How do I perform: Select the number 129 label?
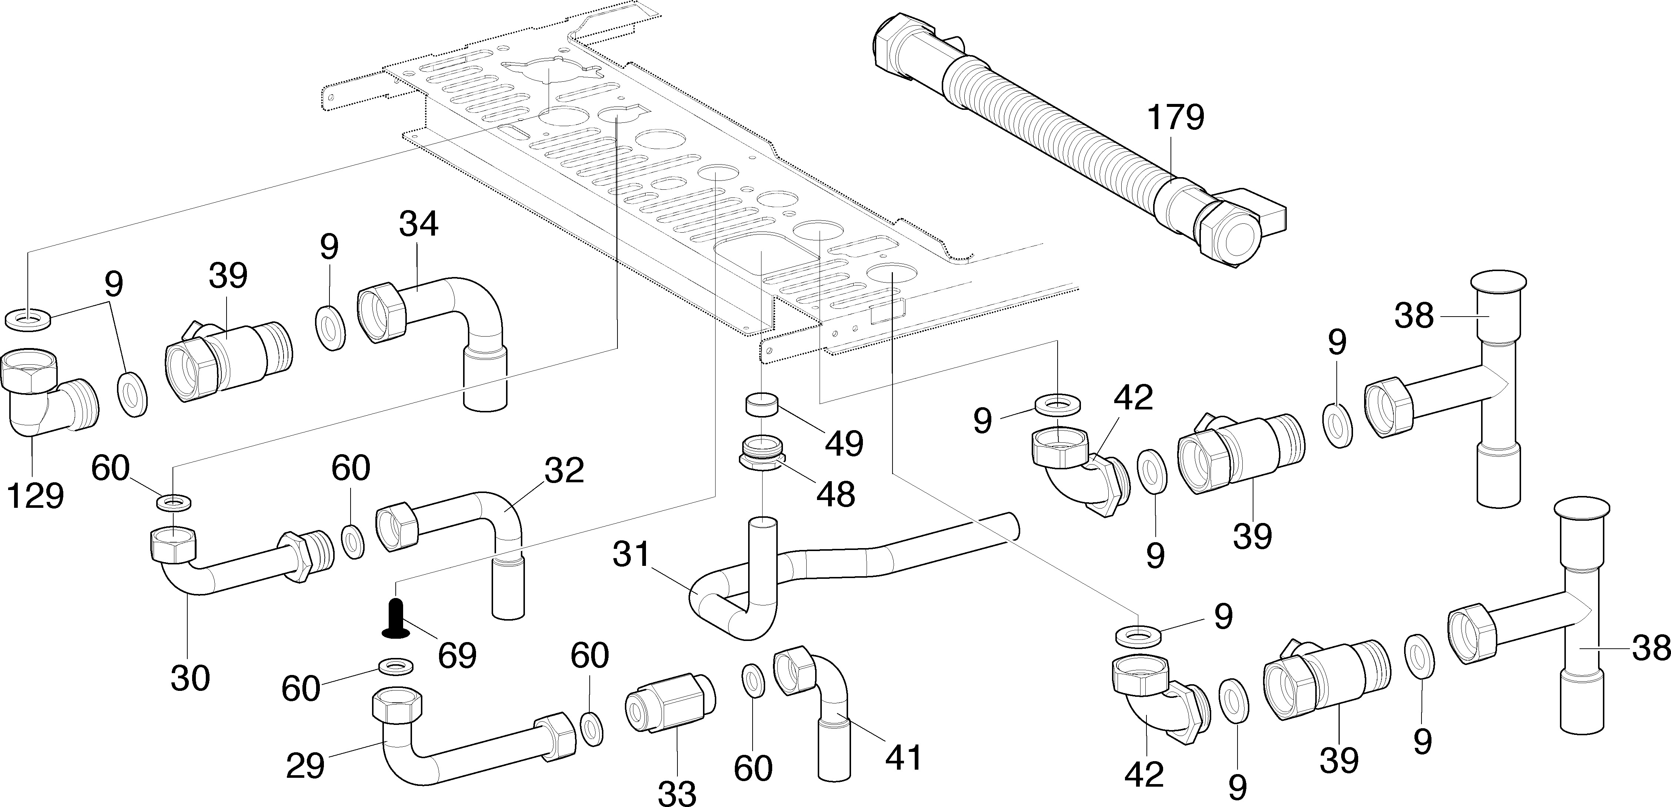35,496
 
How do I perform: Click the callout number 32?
564,471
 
